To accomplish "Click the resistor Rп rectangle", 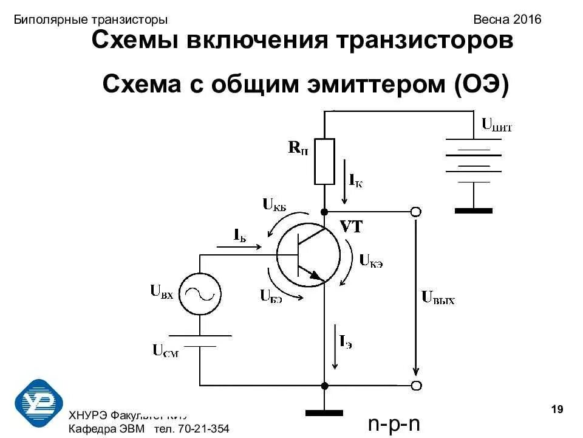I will click(324, 161).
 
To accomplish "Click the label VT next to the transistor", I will click(351, 228).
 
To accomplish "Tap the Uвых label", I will click(438, 298).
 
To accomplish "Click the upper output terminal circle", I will click(415, 212).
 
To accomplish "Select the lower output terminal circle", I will click(415, 386).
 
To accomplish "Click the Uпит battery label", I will click(497, 126).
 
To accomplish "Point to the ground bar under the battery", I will click(473, 210).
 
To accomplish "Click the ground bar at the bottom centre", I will click(324, 412).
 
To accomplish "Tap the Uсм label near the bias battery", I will click(165, 350).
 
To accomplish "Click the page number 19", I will click(557, 409).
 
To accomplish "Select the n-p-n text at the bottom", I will click(395, 423).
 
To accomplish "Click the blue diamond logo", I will click(39, 403).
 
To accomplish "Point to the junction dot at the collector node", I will click(324, 212).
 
